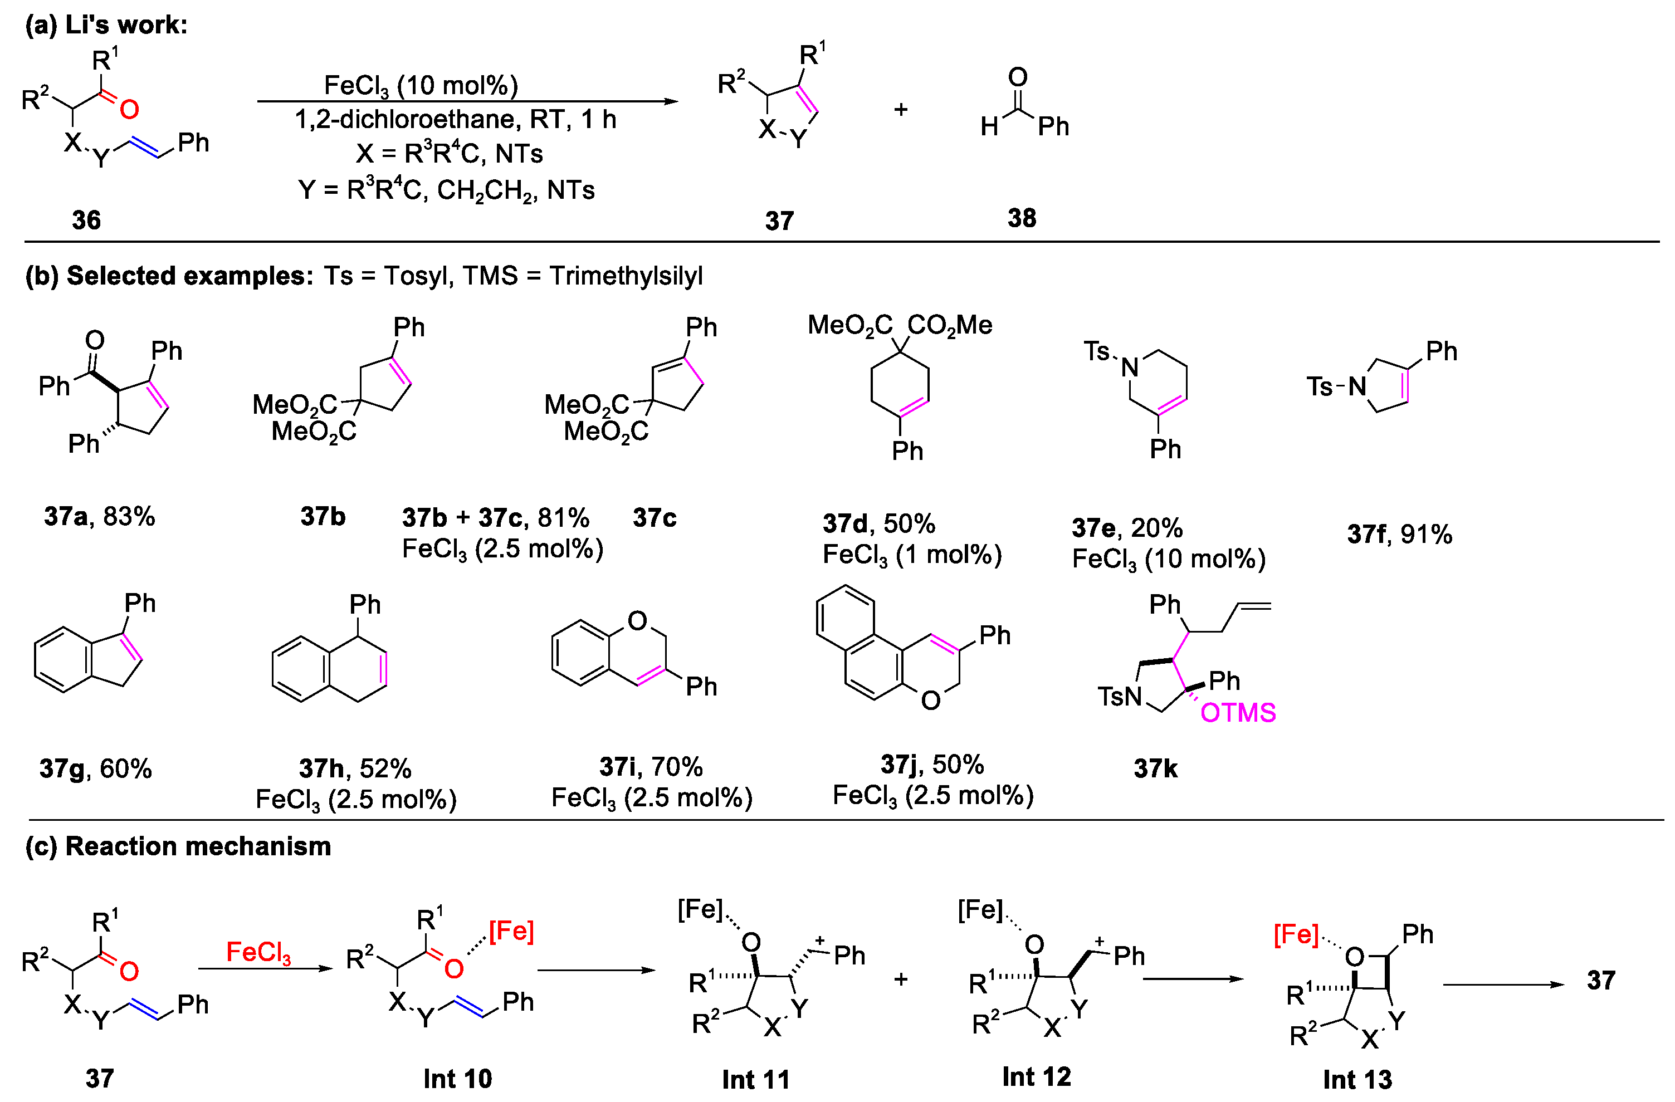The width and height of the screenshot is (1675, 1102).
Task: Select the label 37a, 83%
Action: coord(99,517)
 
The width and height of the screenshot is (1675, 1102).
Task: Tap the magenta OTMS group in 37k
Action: coord(1237,713)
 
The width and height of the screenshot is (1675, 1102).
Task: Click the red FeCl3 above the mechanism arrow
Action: coord(258,952)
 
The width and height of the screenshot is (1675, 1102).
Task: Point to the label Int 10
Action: coord(457,1078)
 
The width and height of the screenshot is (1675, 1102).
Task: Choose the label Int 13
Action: coord(1357,1079)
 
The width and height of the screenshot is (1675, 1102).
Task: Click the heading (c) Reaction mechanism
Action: coord(178,846)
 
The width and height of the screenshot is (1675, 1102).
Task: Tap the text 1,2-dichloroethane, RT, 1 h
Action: coord(455,120)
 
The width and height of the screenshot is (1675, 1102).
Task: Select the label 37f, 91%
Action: coord(1399,535)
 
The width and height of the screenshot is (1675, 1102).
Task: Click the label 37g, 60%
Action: coord(96,768)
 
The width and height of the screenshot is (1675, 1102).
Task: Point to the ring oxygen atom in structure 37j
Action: coord(930,700)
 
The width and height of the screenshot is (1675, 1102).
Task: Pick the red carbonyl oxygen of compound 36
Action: coord(129,109)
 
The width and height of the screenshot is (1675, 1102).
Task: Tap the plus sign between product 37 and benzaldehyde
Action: coord(901,110)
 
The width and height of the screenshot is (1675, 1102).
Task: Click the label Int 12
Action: coord(1036,1077)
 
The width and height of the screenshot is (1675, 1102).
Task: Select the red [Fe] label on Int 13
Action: coord(1295,934)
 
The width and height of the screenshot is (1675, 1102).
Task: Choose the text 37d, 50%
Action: coord(878,523)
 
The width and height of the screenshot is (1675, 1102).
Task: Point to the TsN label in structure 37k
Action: coord(1119,697)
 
